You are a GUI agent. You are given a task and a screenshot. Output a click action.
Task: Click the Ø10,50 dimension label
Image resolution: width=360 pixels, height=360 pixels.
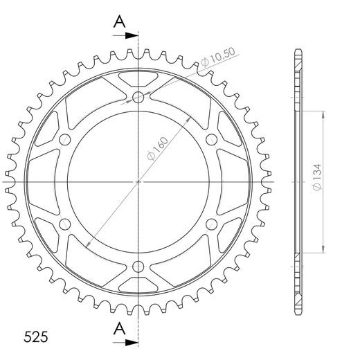coord(218,57)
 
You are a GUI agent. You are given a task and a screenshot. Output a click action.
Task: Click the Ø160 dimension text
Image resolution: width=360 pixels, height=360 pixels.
coord(157,149)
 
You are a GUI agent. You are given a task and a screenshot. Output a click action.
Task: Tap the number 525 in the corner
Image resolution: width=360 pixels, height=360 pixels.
coord(36,337)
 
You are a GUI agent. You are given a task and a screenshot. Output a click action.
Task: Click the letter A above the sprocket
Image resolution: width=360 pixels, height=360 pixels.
coord(120,21)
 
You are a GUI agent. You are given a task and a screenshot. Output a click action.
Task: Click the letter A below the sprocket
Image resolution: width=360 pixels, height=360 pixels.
coord(120,329)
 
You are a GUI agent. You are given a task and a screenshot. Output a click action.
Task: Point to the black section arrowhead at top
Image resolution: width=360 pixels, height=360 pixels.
coord(132,35)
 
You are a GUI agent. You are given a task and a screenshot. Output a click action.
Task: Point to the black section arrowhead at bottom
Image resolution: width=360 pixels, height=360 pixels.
coord(132,343)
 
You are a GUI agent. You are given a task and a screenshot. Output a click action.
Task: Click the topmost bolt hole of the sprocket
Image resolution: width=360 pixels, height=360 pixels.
coord(138,97)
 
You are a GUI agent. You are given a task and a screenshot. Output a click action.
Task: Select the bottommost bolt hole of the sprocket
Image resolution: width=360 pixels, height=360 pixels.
coord(138,267)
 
